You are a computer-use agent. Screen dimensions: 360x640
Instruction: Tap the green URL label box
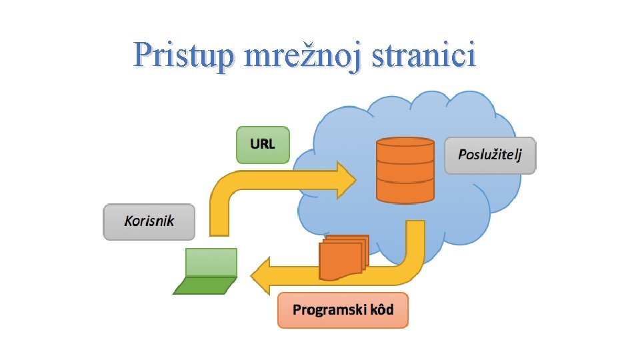[x=263, y=145]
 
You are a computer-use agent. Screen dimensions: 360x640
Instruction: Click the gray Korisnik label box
[x=149, y=222]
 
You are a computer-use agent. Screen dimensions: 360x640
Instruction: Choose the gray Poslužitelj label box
[x=490, y=156]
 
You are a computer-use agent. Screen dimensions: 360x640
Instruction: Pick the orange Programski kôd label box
[x=343, y=310]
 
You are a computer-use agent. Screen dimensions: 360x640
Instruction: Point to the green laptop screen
[x=211, y=262]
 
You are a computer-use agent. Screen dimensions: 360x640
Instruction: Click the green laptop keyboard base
[x=204, y=285]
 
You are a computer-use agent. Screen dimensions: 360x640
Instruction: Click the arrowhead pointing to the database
[x=345, y=179]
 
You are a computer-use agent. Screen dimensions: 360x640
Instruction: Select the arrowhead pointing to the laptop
[x=260, y=276]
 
